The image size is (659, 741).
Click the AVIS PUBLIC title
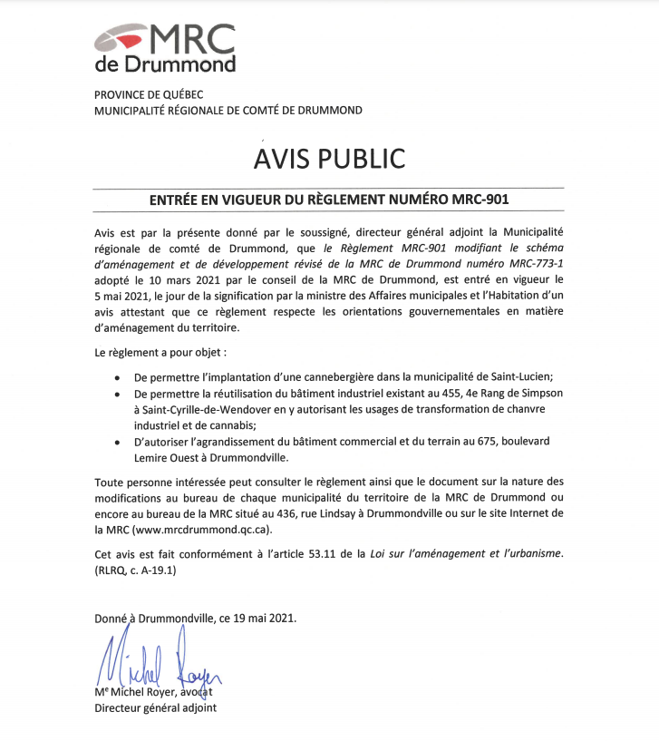pyautogui.click(x=329, y=158)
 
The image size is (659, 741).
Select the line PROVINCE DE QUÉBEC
pyautogui.click(x=150, y=94)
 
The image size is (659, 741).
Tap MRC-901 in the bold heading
pyautogui.click(x=488, y=200)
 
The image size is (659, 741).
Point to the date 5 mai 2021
pyautogui.click(x=121, y=294)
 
